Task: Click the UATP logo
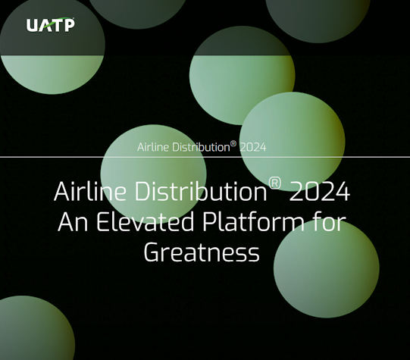(50, 25)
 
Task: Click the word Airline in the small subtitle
(153, 147)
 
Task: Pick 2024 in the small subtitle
(252, 147)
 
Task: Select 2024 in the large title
(319, 192)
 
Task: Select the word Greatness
(202, 252)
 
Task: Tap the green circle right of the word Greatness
(326, 269)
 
